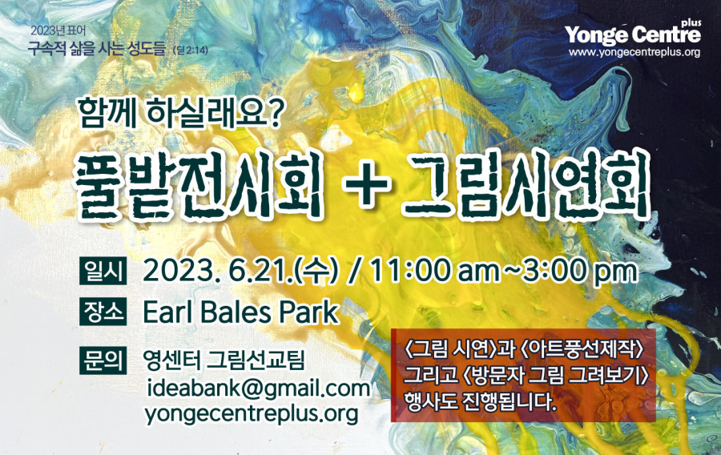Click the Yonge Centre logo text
point(633,34)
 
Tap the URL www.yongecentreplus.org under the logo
point(634,52)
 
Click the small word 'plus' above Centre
point(692,22)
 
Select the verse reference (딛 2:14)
point(190,50)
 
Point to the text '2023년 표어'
point(58,31)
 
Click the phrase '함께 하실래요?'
point(179,113)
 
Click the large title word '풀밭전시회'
point(199,186)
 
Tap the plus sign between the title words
point(368,186)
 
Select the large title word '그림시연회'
point(527,186)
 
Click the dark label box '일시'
point(103,271)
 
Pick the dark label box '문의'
point(103,360)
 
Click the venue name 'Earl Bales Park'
point(241,312)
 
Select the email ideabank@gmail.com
point(259,389)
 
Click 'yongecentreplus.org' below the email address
point(252,414)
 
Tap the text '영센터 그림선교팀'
point(224,360)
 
